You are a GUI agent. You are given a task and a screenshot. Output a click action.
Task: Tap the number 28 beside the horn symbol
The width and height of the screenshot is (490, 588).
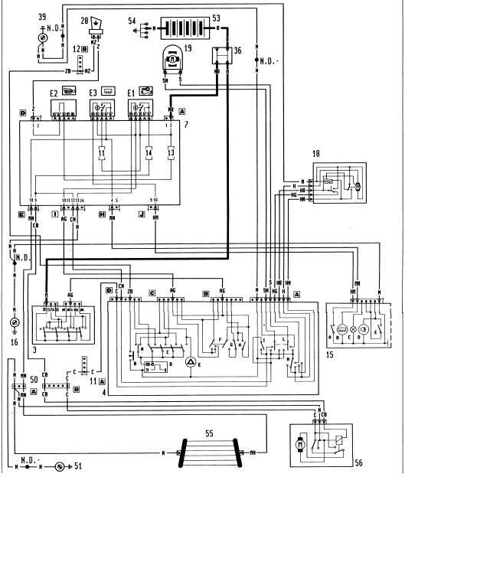pyautogui.click(x=85, y=22)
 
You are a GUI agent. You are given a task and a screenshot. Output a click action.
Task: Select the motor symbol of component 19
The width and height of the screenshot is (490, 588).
pyautogui.click(x=173, y=57)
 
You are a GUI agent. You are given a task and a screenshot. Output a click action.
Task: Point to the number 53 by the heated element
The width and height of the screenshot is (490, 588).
pyautogui.click(x=216, y=17)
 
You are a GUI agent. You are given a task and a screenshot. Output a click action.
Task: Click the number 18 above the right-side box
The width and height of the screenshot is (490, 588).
pyautogui.click(x=316, y=154)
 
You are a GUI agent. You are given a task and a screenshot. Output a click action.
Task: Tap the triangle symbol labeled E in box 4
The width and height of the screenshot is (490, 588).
pyautogui.click(x=191, y=361)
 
